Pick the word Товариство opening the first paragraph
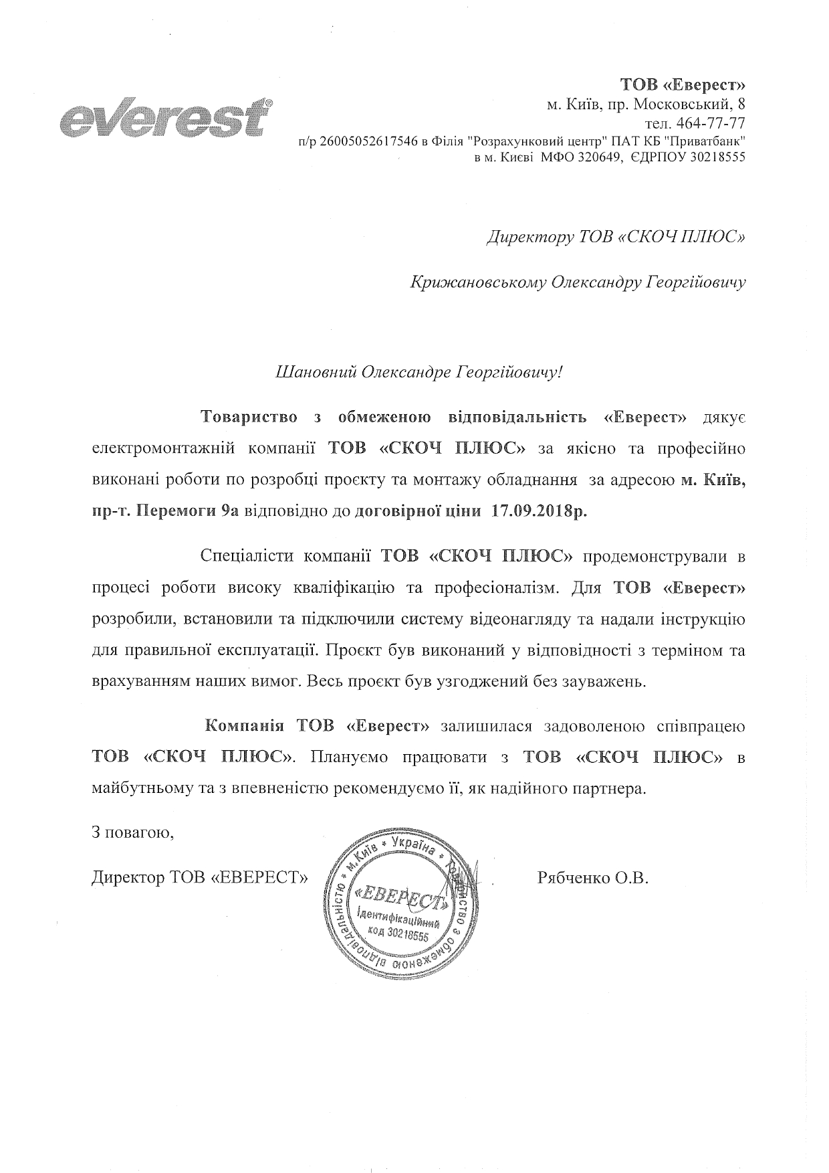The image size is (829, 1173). pos(249,418)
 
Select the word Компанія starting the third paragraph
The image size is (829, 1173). pos(245,726)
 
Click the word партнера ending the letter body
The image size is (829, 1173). pos(613,788)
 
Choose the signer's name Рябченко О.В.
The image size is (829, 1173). pos(593,877)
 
